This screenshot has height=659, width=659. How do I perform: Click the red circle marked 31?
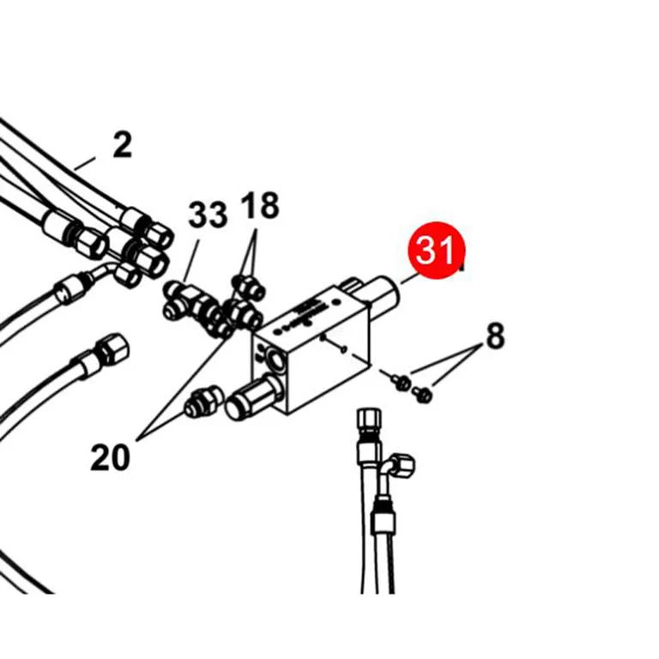437,250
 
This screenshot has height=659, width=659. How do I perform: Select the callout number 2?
123,145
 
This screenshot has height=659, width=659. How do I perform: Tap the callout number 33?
208,215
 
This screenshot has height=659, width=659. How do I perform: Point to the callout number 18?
260,206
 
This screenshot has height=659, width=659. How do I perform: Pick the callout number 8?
495,336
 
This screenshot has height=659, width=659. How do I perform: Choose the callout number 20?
110,457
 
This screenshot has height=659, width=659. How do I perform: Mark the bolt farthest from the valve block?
422,394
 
